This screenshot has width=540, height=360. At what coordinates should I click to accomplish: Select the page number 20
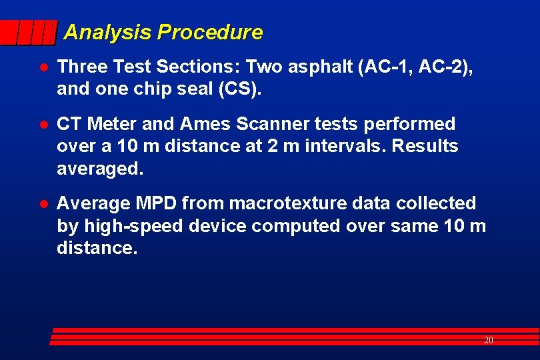coord(489,341)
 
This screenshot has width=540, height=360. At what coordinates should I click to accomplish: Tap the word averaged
coord(99,169)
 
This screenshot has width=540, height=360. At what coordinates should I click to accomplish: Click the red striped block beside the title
coord(29,33)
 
